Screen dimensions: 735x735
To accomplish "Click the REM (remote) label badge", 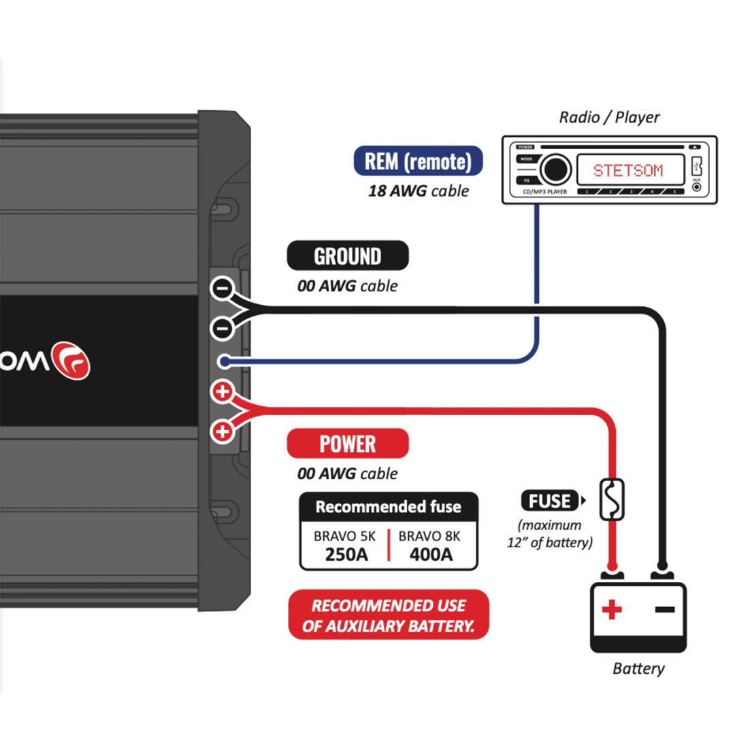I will tap(418, 161).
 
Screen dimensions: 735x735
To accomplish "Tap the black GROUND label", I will tap(347, 256).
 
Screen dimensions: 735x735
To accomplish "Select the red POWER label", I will tap(347, 444).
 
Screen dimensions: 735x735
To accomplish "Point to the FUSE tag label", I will tap(549, 501).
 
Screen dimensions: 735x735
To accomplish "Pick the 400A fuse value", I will tap(431, 554).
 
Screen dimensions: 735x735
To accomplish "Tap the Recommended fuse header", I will tap(389, 507).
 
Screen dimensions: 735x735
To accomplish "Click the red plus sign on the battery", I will tap(612, 609).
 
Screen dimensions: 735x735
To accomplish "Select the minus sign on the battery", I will tap(665, 608).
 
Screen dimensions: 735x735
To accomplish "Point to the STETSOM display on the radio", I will tap(627, 169).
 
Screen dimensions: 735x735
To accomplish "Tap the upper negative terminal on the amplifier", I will tap(222, 288).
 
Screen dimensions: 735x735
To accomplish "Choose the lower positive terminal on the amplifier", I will tap(223, 431).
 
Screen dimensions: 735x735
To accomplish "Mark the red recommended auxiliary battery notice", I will tap(389, 615).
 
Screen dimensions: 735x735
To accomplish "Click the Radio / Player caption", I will tap(609, 117).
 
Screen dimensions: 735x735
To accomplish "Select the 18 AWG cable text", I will tap(418, 191).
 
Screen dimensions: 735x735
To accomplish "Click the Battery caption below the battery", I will tap(638, 668).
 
